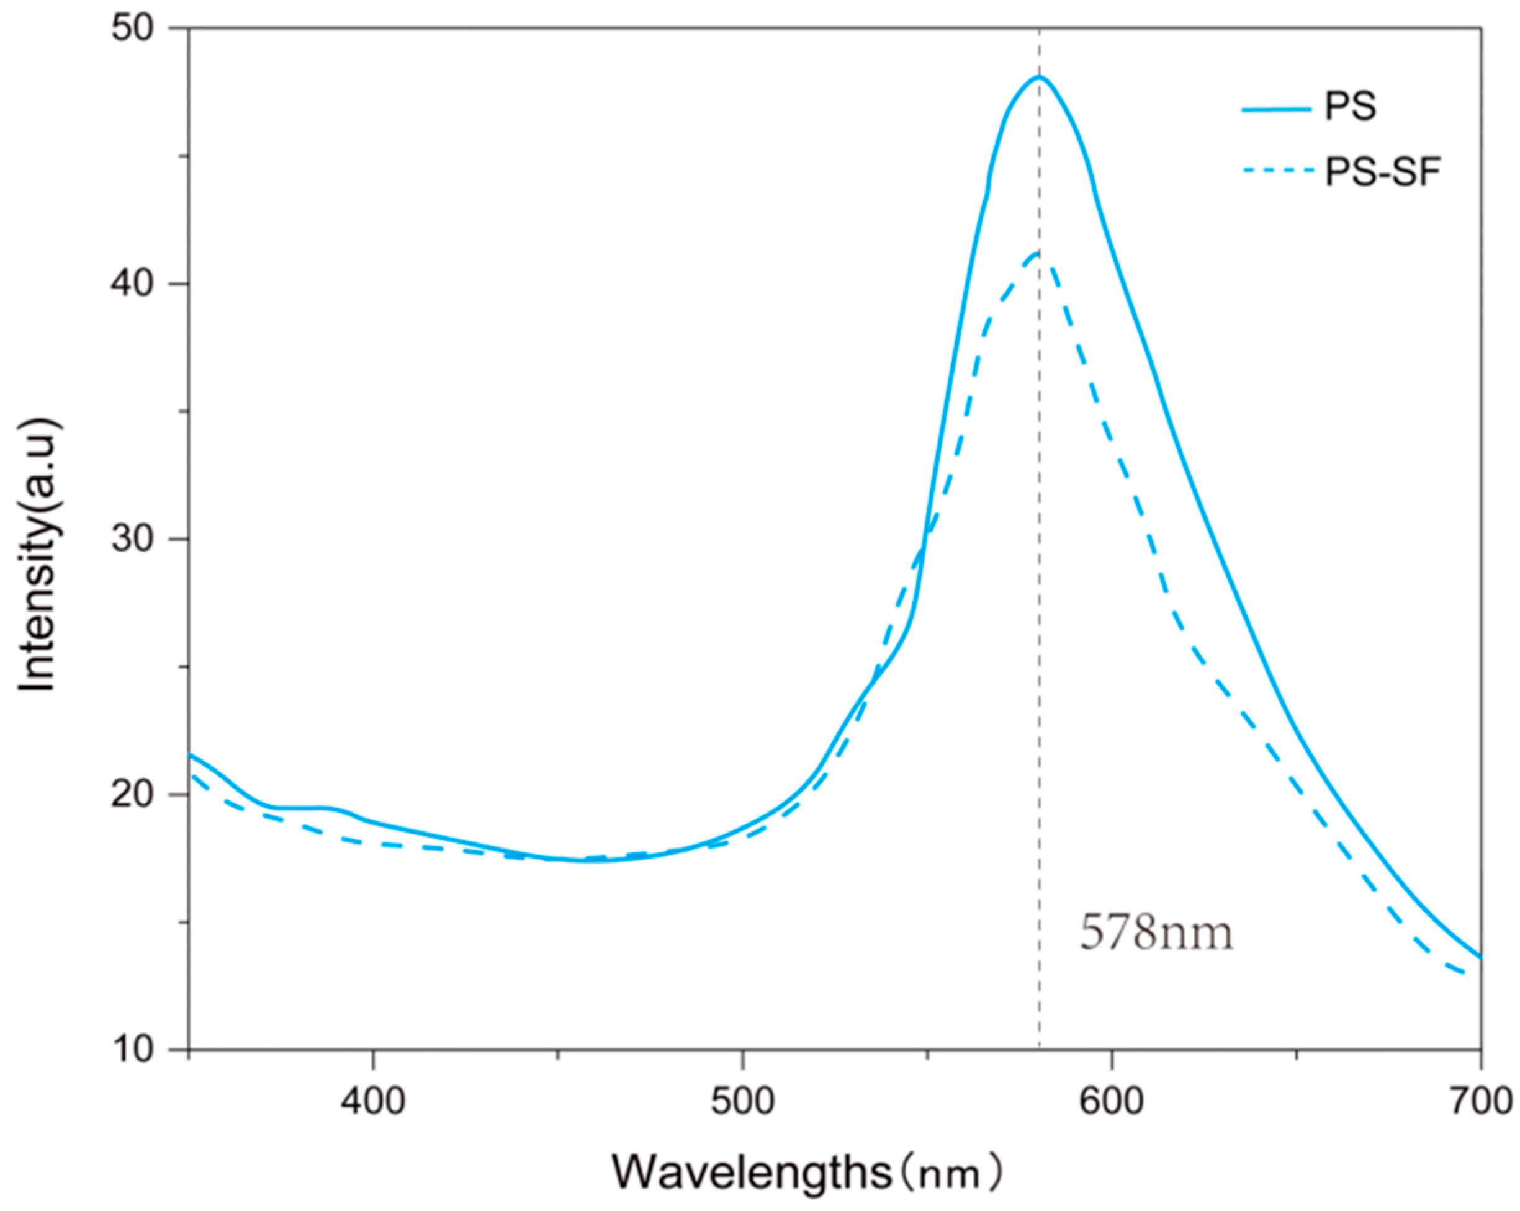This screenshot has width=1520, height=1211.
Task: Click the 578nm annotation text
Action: tap(1157, 933)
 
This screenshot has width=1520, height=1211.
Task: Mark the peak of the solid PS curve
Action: tap(1038, 77)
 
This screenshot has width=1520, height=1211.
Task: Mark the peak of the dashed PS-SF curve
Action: tap(1038, 253)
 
